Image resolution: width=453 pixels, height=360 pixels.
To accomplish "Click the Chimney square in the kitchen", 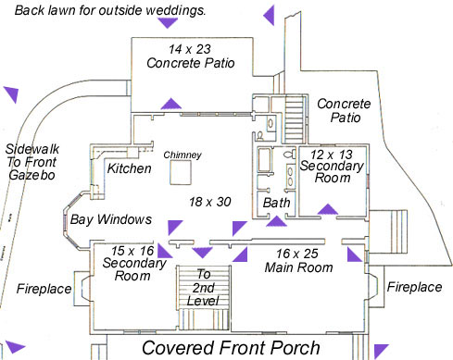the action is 181,172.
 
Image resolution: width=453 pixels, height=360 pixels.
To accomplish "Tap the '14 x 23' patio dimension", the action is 190,49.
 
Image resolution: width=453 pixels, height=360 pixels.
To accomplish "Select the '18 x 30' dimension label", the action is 210,202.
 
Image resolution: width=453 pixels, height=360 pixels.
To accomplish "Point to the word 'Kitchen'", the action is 130,168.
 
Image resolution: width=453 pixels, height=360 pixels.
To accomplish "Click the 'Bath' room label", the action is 276,203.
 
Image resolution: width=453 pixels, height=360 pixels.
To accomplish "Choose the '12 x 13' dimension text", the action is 332,155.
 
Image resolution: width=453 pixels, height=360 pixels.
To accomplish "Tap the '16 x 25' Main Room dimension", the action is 297,254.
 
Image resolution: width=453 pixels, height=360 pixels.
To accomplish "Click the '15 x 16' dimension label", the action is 132,251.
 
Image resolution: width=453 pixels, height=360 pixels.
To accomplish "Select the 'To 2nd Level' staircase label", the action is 203,288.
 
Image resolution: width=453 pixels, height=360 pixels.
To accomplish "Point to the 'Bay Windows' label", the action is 111,219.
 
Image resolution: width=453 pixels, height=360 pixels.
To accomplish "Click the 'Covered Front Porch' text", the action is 231,348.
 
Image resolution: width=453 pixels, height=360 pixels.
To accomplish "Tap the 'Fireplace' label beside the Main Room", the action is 414,287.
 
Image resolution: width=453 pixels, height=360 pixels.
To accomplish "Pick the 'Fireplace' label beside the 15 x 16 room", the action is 44,289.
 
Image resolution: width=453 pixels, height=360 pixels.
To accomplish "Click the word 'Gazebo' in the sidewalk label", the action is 31,175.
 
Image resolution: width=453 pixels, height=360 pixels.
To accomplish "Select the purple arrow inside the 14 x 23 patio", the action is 171,104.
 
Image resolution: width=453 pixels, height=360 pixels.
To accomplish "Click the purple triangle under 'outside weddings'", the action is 168,23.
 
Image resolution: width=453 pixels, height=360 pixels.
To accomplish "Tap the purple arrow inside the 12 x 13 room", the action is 328,209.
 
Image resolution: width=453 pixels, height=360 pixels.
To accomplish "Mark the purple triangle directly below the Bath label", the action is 277,221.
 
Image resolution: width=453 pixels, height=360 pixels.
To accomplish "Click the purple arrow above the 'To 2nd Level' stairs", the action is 202,253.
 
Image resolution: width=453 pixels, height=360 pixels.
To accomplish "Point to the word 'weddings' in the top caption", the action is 175,10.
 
